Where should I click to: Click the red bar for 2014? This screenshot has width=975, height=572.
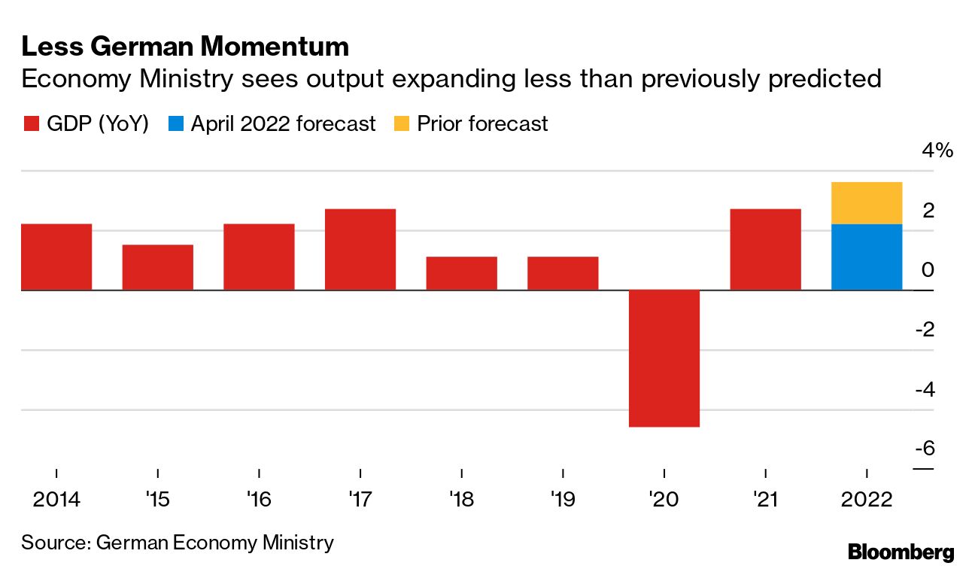pos(56,257)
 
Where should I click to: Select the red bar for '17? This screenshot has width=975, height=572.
pos(360,249)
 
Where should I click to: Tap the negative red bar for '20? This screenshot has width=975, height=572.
pos(664,358)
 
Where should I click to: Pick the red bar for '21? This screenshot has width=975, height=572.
pos(765,249)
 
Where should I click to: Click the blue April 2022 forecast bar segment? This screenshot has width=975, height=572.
pos(867,257)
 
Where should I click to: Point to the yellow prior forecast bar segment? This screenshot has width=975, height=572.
pos(867,203)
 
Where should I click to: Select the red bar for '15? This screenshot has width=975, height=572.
pos(158,267)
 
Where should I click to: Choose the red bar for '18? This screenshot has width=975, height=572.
pos(461,273)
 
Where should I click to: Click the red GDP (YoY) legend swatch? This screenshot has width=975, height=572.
pos(31,124)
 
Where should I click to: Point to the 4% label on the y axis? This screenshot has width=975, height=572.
pos(937,151)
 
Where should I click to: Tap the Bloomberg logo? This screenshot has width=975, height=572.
pos(901,552)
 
